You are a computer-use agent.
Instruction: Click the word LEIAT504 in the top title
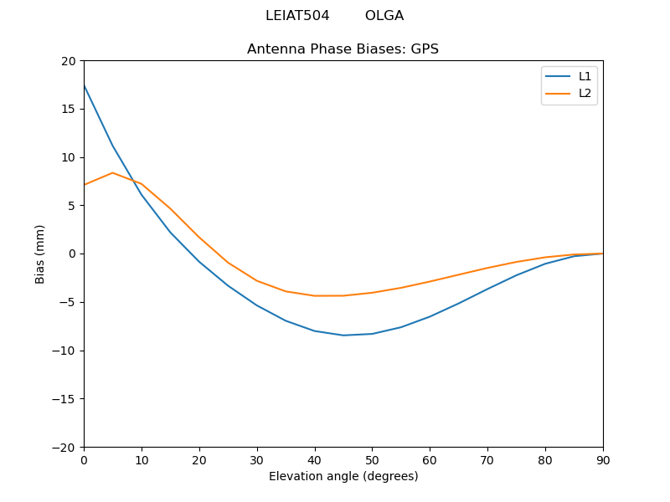[x=296, y=16]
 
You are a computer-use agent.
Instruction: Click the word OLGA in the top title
[x=384, y=16]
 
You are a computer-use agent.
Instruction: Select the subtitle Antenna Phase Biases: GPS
[x=343, y=49]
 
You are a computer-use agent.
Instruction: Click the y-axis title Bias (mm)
[x=40, y=254]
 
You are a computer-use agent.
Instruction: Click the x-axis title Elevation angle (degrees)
[x=343, y=476]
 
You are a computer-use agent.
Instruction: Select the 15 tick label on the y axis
[x=69, y=109]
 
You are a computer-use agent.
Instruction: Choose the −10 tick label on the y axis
[x=64, y=351]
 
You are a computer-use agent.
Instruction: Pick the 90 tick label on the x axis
[x=603, y=459]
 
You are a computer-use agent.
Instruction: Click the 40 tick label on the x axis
[x=314, y=459]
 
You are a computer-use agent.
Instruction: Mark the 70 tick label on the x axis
[x=487, y=459]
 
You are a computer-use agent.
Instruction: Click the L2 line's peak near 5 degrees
[x=112, y=173]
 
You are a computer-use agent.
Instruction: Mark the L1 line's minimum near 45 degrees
[x=343, y=336]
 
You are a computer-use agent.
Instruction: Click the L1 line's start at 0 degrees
[x=85, y=85]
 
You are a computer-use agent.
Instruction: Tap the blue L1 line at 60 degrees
[x=430, y=316]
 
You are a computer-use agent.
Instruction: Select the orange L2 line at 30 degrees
[x=257, y=280]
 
